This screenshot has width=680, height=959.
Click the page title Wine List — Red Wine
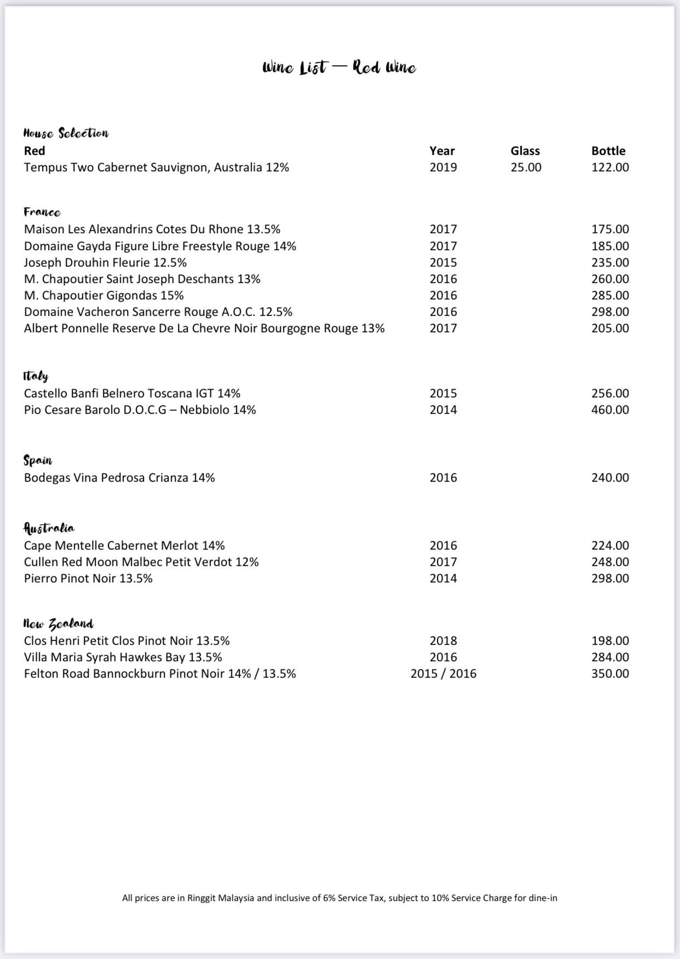tap(339, 68)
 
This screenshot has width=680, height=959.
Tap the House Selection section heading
tap(66, 133)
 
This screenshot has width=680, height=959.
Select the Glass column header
tap(525, 151)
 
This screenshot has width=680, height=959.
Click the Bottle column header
tap(608, 151)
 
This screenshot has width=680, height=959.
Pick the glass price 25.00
tap(526, 167)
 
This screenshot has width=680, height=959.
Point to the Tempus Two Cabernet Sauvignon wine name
tap(156, 167)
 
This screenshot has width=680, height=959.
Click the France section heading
tap(42, 212)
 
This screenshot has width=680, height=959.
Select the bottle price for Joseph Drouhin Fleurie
tap(610, 263)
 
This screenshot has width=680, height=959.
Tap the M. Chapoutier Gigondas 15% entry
tap(103, 296)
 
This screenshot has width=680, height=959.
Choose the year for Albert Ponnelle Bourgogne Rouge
tap(443, 328)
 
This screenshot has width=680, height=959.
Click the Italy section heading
tap(36, 376)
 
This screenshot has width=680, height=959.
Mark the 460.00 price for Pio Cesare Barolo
tap(610, 410)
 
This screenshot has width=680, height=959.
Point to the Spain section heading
tap(38, 460)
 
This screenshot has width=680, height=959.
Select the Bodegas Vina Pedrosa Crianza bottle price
tap(610, 478)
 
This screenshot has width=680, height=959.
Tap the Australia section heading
tap(49, 528)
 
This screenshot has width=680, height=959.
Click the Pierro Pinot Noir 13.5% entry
tap(88, 579)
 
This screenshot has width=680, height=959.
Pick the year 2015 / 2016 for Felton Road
tap(443, 674)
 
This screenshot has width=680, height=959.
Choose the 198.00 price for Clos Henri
tap(610, 641)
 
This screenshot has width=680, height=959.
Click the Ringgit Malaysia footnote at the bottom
tap(339, 898)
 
